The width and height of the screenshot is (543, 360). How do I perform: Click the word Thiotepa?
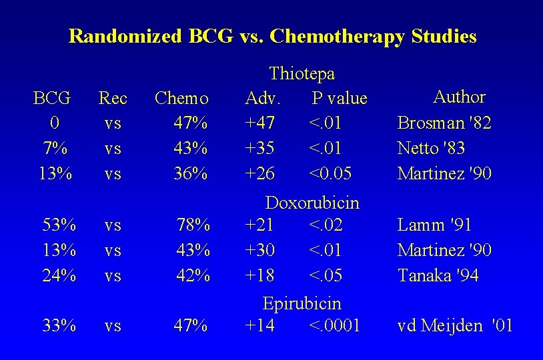click(x=302, y=73)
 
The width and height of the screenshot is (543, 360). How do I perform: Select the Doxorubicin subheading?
click(x=312, y=202)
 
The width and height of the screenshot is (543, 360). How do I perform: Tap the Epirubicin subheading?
click(x=302, y=303)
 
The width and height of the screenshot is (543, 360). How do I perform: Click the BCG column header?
click(x=52, y=98)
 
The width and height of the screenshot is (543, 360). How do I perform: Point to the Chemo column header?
click(x=181, y=98)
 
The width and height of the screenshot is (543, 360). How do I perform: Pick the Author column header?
click(x=459, y=97)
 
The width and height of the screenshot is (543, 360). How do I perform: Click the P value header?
click(x=340, y=98)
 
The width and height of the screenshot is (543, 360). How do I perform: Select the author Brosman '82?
click(x=444, y=123)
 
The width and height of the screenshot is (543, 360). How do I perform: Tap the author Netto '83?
click(x=431, y=149)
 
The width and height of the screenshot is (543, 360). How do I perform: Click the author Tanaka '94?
click(x=438, y=275)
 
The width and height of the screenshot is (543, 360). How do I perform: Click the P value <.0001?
click(x=335, y=325)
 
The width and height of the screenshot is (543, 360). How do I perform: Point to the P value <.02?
click(x=326, y=225)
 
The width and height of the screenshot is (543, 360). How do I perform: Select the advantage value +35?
click(x=260, y=149)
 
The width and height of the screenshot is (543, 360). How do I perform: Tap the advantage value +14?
click(x=260, y=325)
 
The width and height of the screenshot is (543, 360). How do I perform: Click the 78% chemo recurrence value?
click(x=193, y=225)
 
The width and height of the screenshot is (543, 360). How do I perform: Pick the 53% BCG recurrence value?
click(x=59, y=225)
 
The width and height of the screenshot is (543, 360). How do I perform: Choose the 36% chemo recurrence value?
click(x=191, y=174)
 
